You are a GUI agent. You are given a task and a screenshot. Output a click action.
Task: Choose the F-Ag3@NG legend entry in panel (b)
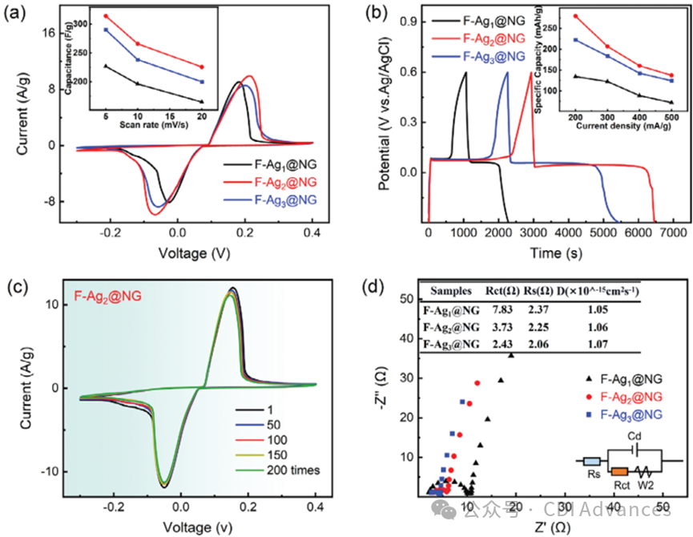[x=493, y=56]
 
